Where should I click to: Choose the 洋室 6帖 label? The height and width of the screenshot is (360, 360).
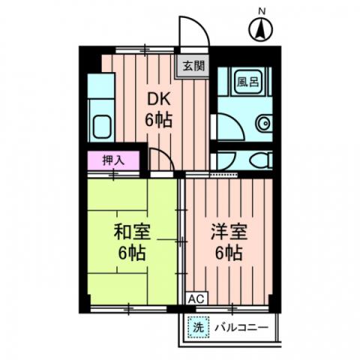coord(226,241)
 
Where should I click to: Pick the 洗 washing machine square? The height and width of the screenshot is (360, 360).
coord(197,327)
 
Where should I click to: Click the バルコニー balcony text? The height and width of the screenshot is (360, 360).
coord(241,328)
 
